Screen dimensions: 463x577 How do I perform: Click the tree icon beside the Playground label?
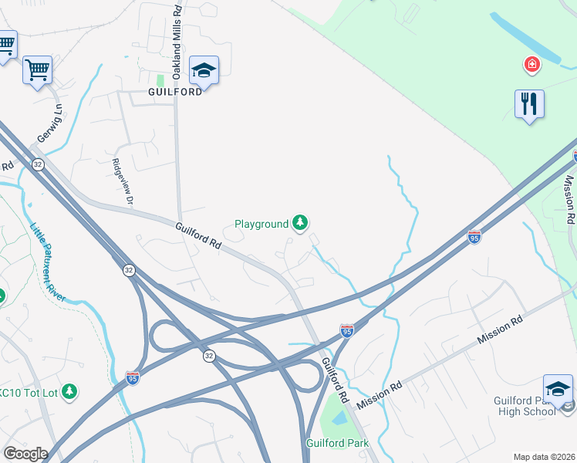pos(300,224)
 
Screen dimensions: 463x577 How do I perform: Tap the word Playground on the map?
pos(261,225)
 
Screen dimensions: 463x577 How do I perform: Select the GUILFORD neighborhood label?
pos(175,90)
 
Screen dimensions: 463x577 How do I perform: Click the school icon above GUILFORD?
pos(204,71)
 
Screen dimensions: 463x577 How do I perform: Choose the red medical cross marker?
pos(531,64)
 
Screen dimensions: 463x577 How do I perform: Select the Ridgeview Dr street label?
pos(123,181)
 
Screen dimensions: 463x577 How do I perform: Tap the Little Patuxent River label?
pos(48,262)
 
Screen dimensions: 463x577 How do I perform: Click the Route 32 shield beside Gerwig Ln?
pos(38,164)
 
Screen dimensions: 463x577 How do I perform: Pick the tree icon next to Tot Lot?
pos(70,392)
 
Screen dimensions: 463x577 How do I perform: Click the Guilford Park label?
pos(337,443)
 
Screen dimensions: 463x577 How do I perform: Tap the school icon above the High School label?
pos(558,389)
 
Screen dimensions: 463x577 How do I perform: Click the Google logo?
pos(25,454)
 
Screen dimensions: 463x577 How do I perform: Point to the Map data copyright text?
pos(544,456)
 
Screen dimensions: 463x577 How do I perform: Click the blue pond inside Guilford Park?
pos(338,421)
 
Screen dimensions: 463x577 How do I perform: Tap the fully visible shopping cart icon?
pos(37,70)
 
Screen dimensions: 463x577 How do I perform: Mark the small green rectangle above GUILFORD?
pos(160,80)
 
